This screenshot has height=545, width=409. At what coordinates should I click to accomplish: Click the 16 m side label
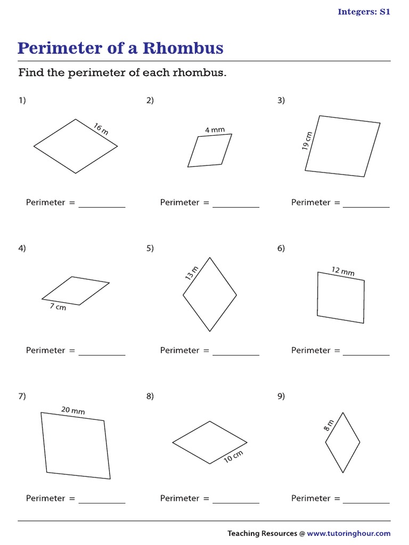(101, 129)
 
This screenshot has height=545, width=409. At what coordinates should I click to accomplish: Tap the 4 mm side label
(215, 130)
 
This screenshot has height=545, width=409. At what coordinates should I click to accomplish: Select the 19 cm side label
(307, 142)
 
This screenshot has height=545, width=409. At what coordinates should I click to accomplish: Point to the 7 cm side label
(58, 307)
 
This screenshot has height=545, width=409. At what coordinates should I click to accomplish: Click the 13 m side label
(191, 273)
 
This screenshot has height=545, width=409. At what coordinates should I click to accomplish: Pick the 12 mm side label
(343, 271)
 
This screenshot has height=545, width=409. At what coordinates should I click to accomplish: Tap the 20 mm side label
(73, 410)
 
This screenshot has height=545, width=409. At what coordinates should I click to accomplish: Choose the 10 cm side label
(233, 456)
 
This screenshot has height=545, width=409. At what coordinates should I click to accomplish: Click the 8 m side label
(329, 425)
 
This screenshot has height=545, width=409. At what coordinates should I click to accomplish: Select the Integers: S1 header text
(364, 12)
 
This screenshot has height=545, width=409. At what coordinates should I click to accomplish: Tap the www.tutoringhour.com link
(348, 533)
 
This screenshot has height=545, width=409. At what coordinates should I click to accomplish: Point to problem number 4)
(22, 248)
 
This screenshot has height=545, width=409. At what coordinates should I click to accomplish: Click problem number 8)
(150, 396)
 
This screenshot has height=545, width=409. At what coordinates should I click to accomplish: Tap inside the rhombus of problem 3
(343, 146)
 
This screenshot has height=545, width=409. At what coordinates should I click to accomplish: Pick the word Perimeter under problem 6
(310, 350)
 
